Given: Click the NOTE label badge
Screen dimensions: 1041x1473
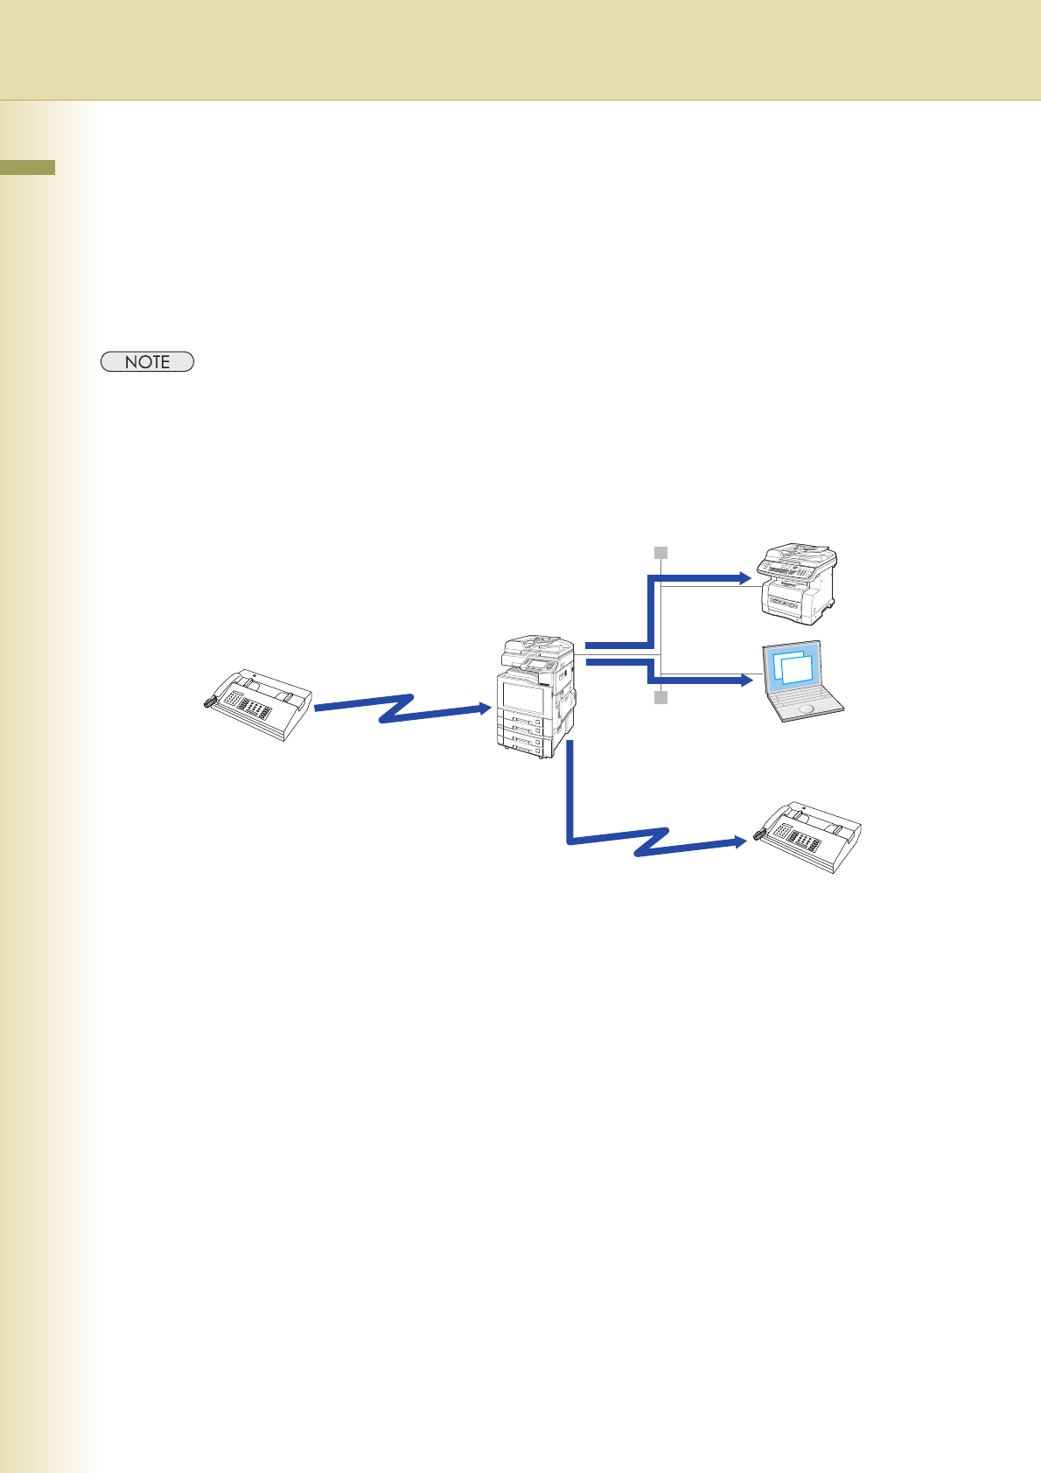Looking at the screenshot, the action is tap(147, 362).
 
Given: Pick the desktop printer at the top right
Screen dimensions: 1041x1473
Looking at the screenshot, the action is tap(798, 583).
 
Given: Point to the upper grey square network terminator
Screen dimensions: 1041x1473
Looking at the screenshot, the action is tap(661, 553).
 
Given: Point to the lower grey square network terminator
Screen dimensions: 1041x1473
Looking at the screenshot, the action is tap(661, 697).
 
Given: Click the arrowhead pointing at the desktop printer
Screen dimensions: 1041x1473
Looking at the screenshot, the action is tap(745, 578).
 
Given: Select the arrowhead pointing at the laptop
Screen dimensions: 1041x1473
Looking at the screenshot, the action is tap(745, 680).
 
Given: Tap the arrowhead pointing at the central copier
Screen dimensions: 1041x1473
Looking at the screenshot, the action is tap(484, 709).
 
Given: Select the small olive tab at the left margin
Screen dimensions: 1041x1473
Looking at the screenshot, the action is tap(27, 167).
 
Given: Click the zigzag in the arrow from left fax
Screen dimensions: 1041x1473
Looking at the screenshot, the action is tap(398, 708).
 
